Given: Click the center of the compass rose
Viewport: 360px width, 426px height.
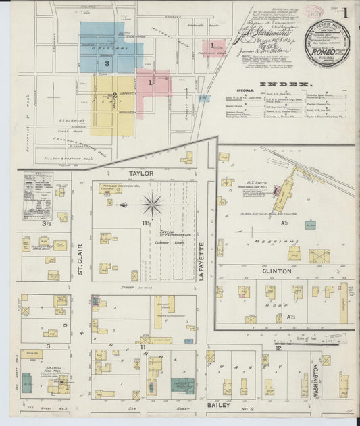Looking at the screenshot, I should [152, 204].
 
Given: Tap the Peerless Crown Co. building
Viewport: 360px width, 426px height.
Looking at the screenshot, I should [110, 189].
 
